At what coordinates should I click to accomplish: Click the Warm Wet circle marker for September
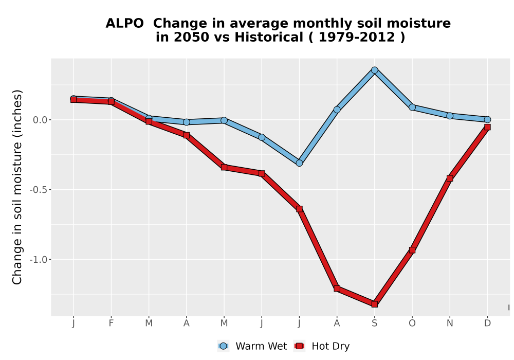[x=374, y=70]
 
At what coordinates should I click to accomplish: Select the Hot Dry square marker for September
[x=374, y=304]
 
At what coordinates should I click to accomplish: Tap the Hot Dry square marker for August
[x=337, y=289]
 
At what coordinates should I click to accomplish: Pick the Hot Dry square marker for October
[x=412, y=250]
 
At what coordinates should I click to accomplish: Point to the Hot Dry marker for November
[x=450, y=178]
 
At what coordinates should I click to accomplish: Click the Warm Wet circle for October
[x=412, y=107]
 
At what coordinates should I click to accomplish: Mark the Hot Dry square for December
[x=487, y=127]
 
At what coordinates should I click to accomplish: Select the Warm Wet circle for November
[x=450, y=116]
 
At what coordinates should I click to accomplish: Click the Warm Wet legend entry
[x=252, y=346]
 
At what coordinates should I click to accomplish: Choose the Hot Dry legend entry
[x=322, y=346]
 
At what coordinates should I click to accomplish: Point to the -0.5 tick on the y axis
[x=39, y=190]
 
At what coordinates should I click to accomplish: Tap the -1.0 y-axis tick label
[x=39, y=260]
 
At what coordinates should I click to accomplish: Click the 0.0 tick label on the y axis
[x=40, y=120]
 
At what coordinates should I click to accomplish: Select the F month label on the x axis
[x=111, y=323]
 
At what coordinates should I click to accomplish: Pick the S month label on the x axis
[x=374, y=323]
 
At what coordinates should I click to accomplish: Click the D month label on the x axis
[x=487, y=323]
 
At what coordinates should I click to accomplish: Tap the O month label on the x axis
[x=412, y=323]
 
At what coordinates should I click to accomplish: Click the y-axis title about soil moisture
[x=17, y=187]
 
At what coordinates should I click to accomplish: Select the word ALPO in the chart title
[x=124, y=24]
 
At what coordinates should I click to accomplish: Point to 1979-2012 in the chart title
[x=357, y=38]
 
